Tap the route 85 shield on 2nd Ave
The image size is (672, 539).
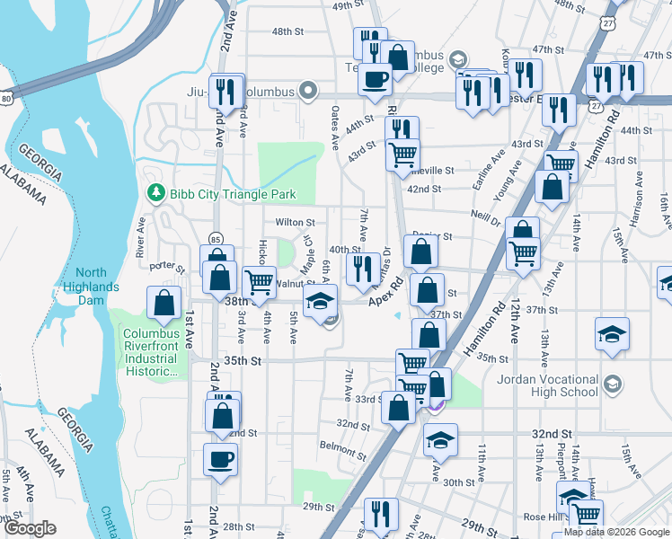point(215,239)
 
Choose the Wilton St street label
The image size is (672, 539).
point(295,222)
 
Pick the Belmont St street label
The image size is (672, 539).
point(340,446)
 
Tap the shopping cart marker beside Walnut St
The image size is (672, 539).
point(259,280)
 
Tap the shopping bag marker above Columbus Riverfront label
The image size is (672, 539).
point(165,304)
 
